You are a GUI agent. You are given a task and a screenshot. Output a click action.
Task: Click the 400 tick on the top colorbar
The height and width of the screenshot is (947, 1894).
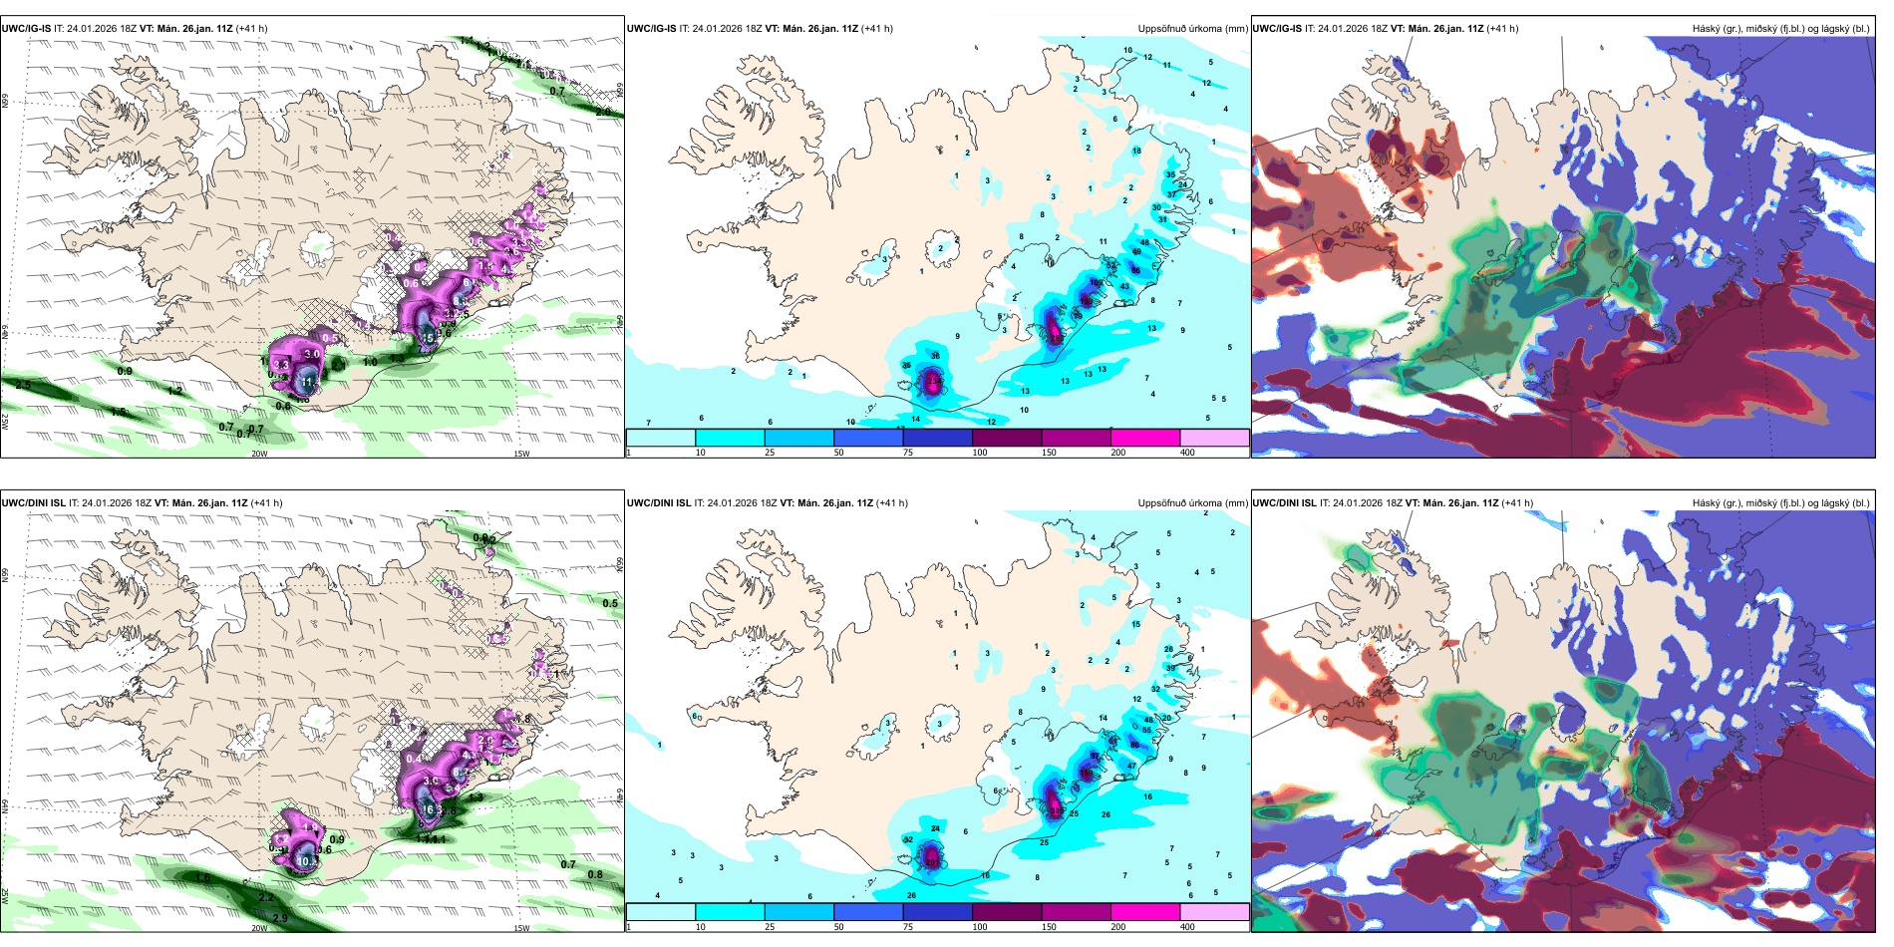pos(1187,453)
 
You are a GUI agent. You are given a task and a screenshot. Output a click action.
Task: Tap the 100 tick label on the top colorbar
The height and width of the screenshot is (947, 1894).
pos(980,453)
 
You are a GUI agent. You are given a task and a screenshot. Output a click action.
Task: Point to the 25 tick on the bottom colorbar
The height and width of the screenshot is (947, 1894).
pos(770,927)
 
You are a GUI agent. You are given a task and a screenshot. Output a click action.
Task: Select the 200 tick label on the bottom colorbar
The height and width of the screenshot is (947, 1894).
pos(1118,927)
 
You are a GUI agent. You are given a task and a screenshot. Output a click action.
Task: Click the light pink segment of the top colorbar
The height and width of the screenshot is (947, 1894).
pos(1214,438)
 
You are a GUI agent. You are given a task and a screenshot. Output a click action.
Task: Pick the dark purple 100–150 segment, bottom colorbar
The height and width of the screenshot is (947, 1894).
pos(1007,912)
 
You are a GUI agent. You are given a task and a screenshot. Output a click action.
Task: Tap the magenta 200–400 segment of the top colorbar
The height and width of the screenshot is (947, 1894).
pos(1145,438)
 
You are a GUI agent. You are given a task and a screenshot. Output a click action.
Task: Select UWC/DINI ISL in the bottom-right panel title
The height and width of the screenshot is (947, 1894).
pos(1284,503)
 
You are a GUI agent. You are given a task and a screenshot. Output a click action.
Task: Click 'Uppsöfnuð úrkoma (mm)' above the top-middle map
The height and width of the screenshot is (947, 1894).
pos(1192,29)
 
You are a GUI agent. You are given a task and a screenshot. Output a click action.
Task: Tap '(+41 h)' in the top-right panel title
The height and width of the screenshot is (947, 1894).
pos(1502,29)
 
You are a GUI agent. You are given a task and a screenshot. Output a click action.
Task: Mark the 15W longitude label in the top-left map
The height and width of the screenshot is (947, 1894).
pos(521,454)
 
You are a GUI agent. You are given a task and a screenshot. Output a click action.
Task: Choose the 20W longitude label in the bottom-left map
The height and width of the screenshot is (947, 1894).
pos(259,928)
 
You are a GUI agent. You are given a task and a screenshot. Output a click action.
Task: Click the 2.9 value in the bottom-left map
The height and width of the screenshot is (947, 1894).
pos(280,918)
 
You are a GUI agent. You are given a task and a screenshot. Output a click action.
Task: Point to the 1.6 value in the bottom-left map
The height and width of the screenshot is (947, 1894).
pos(202,878)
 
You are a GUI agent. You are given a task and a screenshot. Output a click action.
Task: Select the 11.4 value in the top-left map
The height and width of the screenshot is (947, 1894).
pos(308,382)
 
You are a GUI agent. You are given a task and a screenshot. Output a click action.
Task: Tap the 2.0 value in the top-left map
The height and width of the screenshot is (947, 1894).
pos(603,113)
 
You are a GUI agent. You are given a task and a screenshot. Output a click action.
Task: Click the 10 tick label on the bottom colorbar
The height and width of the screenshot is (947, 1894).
pos(701,927)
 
